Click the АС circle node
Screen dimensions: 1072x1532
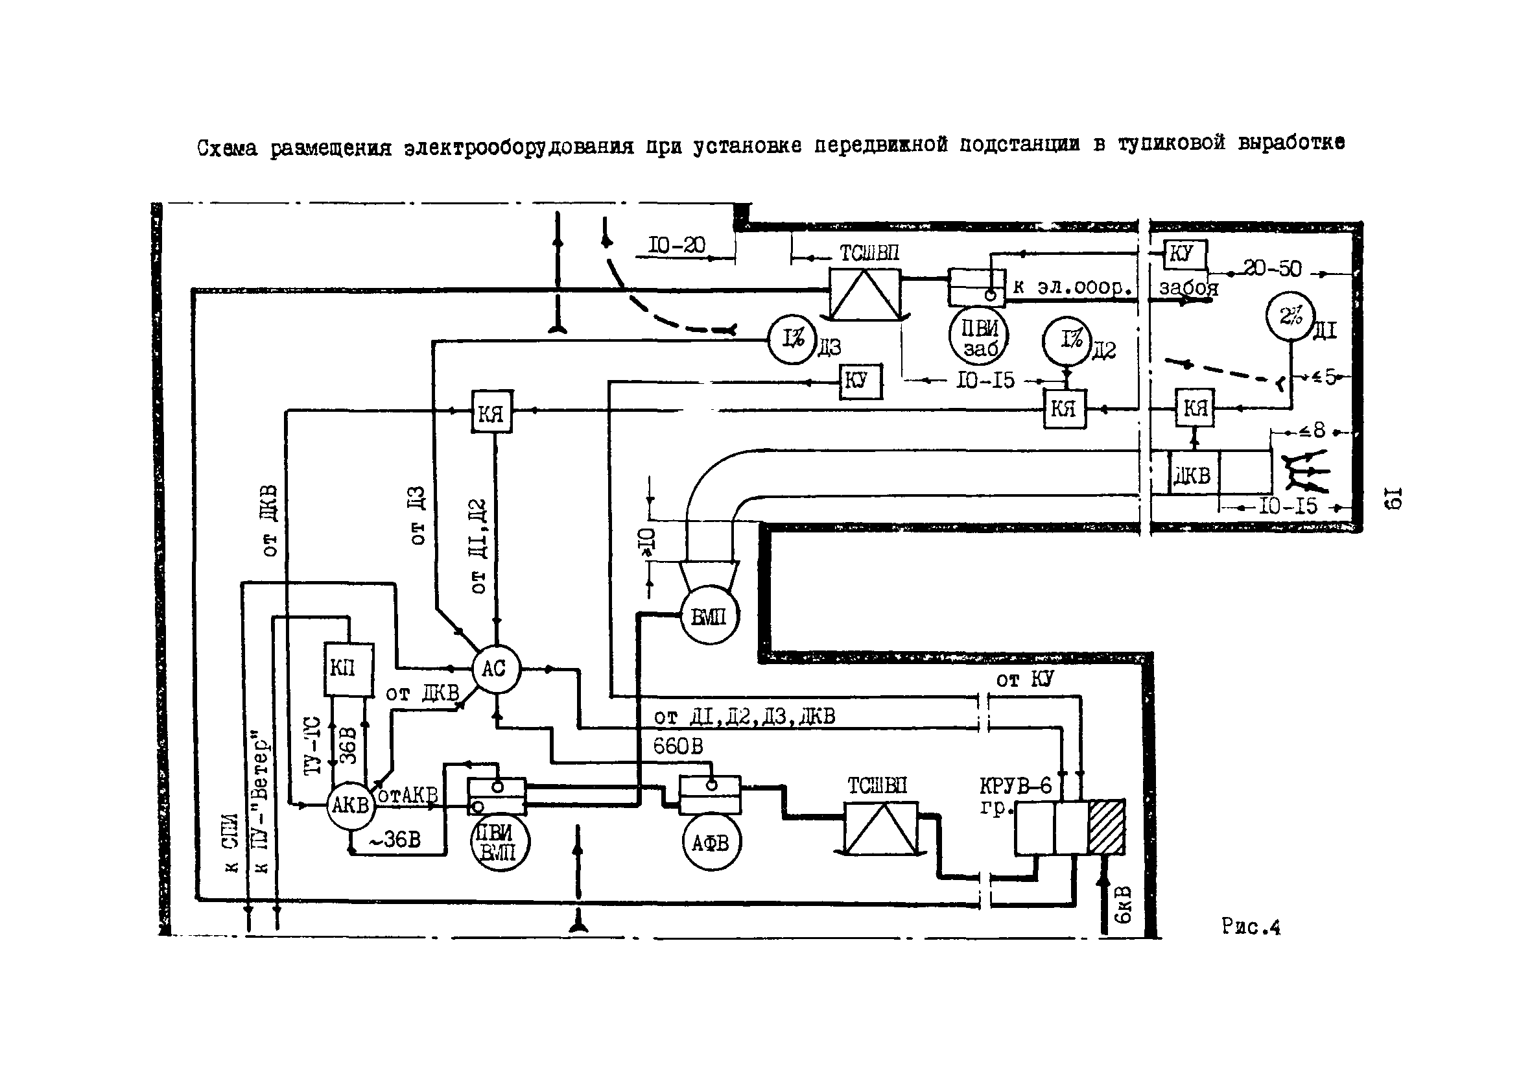pos(496,669)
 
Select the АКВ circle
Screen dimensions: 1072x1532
pos(350,805)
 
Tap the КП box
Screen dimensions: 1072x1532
pos(348,669)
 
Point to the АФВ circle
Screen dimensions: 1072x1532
pos(711,843)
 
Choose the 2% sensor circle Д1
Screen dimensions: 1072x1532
pos(1290,317)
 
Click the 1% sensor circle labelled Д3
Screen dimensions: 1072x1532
pos(792,340)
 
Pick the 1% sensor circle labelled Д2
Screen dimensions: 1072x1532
pos(1067,340)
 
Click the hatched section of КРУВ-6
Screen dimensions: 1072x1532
pos(1106,828)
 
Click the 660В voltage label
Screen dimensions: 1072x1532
pos(678,746)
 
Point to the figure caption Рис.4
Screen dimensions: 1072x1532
pos(1251,927)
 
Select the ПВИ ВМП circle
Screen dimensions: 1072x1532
pos(498,842)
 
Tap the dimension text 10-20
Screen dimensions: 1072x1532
pos(677,246)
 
